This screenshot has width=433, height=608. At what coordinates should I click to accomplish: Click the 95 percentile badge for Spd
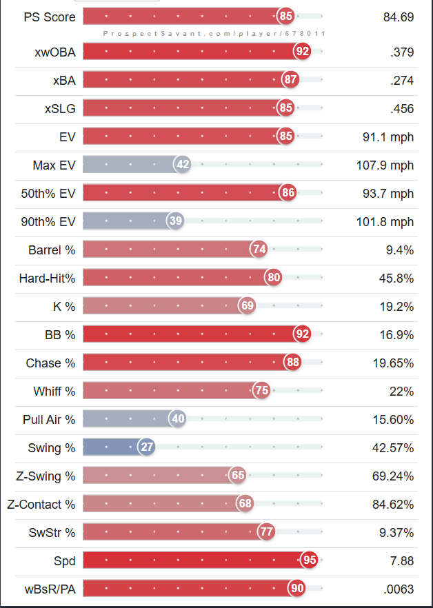pyautogui.click(x=310, y=560)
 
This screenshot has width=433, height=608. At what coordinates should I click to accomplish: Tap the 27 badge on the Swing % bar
pyautogui.click(x=147, y=447)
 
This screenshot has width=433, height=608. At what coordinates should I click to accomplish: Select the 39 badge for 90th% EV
pyautogui.click(x=175, y=221)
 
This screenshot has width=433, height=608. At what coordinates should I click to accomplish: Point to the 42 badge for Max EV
pyautogui.click(x=183, y=164)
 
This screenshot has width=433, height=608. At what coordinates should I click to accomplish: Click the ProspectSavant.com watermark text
pyautogui.click(x=214, y=33)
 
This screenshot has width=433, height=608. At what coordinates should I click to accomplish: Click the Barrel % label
pyautogui.click(x=52, y=250)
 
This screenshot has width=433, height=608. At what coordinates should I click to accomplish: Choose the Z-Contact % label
pyautogui.click(x=41, y=504)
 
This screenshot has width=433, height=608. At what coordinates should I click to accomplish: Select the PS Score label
pyautogui.click(x=50, y=17)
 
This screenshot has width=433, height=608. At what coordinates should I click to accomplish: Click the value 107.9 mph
pyautogui.click(x=388, y=165)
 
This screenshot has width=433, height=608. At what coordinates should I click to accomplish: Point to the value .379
pyautogui.click(x=401, y=52)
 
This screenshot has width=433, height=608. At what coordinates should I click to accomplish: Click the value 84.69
pyautogui.click(x=399, y=17)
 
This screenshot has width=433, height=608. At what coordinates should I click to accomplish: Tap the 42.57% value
pyautogui.click(x=393, y=447)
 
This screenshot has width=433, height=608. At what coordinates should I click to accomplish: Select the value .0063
pyautogui.click(x=398, y=588)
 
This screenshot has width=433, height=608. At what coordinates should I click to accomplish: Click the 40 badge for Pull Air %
pyautogui.click(x=178, y=418)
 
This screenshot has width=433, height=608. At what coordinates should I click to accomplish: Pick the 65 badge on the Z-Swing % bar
pyautogui.click(x=238, y=475)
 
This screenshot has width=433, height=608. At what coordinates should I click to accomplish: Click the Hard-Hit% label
pyautogui.click(x=47, y=278)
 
